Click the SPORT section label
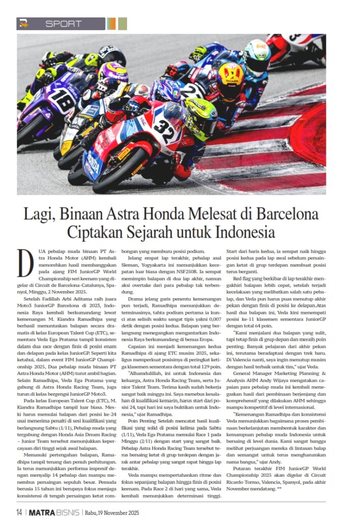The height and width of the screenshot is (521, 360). pos(63,24)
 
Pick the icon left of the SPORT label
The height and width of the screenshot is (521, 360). pos(23,24)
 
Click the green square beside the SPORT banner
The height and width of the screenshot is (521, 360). pos(122,24)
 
